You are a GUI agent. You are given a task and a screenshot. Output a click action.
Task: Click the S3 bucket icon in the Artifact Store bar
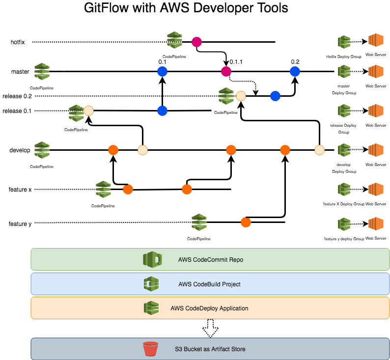(150, 349)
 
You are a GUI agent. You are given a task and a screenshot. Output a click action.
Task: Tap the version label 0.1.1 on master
(236, 62)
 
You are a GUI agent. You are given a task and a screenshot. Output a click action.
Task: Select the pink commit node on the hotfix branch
(197, 42)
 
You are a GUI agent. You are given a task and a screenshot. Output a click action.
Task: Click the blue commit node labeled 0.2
(295, 72)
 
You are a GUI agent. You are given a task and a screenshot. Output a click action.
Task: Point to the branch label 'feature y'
(20, 224)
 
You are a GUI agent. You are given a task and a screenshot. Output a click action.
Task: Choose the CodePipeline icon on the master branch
(42, 72)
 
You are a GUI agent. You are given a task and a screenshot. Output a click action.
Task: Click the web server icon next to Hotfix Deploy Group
(376, 42)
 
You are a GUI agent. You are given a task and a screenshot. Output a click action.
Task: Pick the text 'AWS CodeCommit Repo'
(211, 260)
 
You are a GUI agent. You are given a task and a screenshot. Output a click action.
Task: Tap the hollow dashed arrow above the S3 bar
(210, 328)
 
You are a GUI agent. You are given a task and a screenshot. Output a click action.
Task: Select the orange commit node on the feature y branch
(246, 222)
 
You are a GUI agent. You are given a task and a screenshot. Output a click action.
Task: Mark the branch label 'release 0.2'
(17, 96)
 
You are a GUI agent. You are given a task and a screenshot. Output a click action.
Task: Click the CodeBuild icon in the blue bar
(150, 284)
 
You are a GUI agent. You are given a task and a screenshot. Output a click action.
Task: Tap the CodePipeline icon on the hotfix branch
(174, 40)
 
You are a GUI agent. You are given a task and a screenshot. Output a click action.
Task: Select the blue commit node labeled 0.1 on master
(163, 72)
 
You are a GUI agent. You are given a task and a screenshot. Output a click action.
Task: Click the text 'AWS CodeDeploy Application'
(209, 308)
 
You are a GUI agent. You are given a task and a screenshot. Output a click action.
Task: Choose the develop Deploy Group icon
(344, 150)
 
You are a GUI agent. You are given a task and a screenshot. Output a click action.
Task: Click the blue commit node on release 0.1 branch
(163, 111)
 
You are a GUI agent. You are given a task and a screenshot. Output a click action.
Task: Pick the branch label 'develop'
(21, 150)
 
